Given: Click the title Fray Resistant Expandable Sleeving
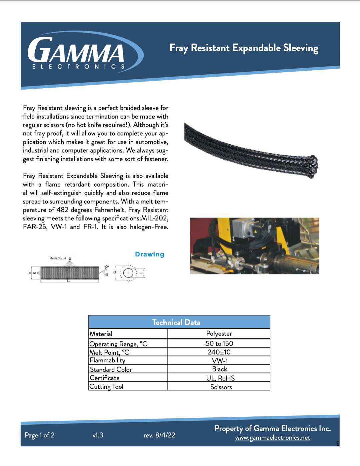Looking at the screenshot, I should pos(244,48).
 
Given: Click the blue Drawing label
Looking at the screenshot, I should pos(149,254).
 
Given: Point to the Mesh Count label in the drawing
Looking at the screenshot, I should pos(58,258).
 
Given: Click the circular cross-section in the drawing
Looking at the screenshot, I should pos(128,273).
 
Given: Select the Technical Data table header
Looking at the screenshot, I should pos(176,322).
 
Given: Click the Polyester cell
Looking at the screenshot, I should pos(219,334).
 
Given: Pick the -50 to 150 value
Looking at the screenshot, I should pos(218,344).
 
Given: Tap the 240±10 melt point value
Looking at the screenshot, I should pos(219,352).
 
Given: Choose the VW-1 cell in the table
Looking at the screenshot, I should pos(220,361).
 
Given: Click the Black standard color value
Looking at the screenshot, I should pos(219,369).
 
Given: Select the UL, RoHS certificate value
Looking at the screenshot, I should pos(220,378).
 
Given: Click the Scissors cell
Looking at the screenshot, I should pos(221,387).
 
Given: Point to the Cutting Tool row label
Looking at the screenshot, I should pos(106,386).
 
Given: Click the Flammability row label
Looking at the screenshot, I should pos(108,360).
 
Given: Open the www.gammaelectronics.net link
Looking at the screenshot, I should pos(273,438).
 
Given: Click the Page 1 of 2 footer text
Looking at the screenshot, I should pos(39,435).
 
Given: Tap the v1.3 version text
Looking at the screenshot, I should pos(98,435).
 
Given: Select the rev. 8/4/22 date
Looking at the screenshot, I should pos(159,435).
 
